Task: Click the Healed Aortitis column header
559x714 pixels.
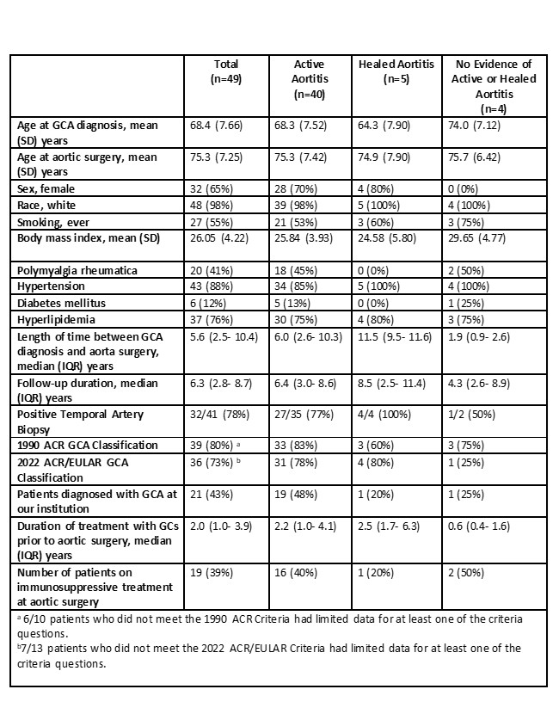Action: coord(396,70)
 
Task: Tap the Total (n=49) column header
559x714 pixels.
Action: coord(227,70)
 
